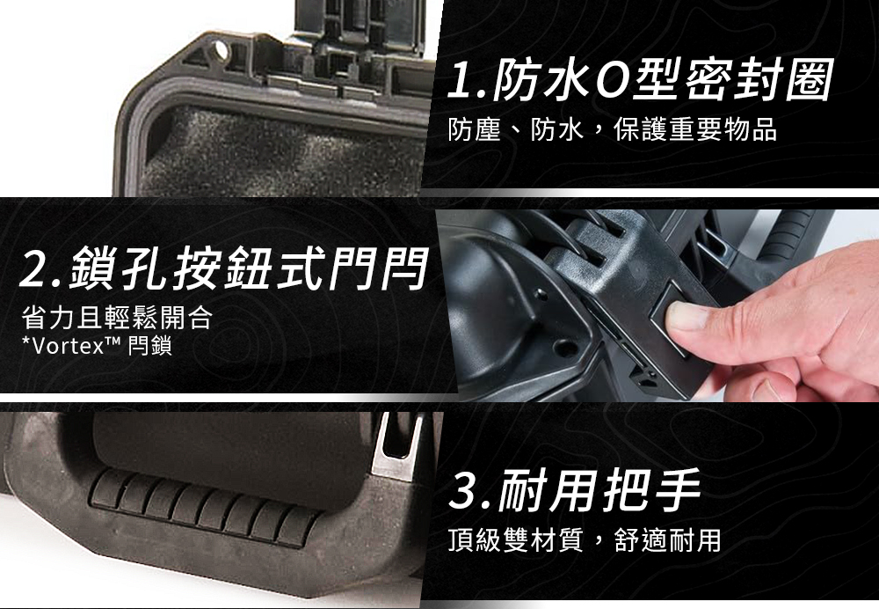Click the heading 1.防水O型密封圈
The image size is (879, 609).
pyautogui.click(x=639, y=81)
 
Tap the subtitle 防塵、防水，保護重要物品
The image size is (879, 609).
pyautogui.click(x=612, y=129)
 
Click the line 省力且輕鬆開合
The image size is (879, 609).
pyautogui.click(x=117, y=317)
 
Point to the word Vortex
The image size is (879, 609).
pyautogui.click(x=69, y=347)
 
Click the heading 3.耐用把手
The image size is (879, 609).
pyautogui.click(x=575, y=490)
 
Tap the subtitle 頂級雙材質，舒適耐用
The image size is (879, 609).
pyautogui.click(x=585, y=540)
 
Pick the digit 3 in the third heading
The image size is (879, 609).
pyautogui.click(x=464, y=491)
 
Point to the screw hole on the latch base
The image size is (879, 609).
pyautogui.click(x=564, y=348)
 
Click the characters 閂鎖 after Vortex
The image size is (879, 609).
pyautogui.click(x=149, y=347)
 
